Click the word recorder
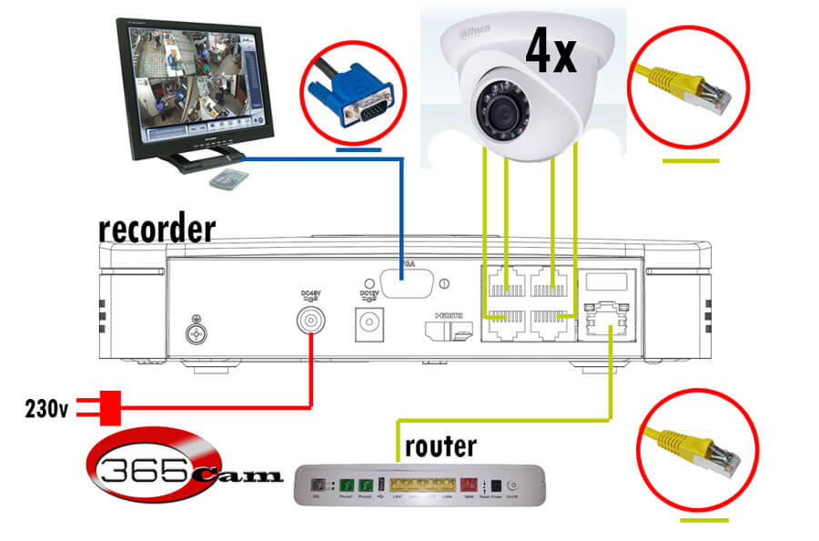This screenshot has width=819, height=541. click(x=157, y=230)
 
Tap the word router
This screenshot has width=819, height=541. click(x=440, y=447)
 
